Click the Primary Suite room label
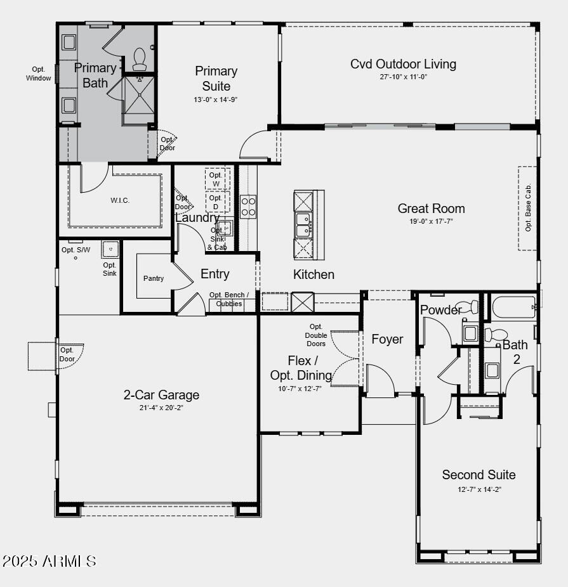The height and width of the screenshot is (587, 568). (216, 79)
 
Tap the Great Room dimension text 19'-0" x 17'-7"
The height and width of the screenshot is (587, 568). (431, 221)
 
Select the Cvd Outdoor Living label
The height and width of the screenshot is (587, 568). (403, 64)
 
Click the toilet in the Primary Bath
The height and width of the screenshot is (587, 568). (140, 59)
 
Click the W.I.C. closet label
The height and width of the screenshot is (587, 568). (120, 200)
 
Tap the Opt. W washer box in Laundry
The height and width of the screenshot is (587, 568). (216, 179)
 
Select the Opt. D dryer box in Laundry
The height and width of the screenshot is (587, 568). (216, 202)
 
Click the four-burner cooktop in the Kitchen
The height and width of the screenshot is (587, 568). (248, 207)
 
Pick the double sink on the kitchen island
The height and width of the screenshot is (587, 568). (303, 224)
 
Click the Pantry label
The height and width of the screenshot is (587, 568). (154, 278)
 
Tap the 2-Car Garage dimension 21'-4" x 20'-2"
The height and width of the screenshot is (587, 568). (161, 408)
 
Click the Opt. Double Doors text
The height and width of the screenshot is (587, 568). (315, 335)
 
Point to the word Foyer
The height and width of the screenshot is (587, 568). (387, 339)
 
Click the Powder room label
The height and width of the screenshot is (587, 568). (440, 310)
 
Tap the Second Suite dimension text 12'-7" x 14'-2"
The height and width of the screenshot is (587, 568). (479, 489)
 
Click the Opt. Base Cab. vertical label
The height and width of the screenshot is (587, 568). (528, 208)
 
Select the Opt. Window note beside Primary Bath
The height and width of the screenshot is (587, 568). (38, 74)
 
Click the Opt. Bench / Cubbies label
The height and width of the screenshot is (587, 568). (229, 299)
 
